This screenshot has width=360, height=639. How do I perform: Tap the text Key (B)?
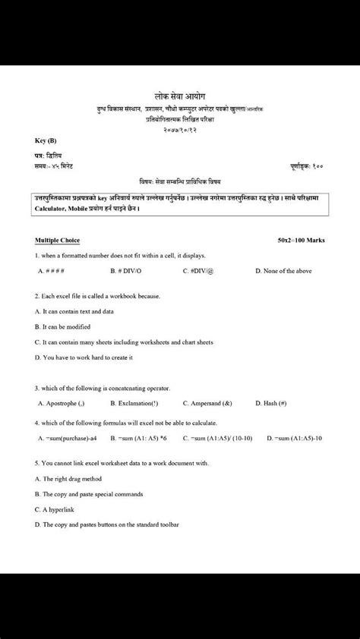pyautogui.click(x=46, y=141)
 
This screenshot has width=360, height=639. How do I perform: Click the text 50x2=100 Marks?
pyautogui.click(x=302, y=240)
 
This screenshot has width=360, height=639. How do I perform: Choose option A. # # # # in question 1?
pyautogui.click(x=51, y=270)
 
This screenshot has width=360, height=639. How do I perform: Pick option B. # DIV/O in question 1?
pyautogui.click(x=127, y=270)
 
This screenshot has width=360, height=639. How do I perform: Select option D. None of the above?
pyautogui.click(x=280, y=270)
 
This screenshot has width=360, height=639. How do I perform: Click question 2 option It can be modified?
pyautogui.click(x=62, y=326)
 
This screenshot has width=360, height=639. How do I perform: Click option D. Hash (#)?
pyautogui.click(x=271, y=403)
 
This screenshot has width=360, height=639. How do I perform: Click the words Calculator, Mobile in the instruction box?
pyautogui.click(x=65, y=208)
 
